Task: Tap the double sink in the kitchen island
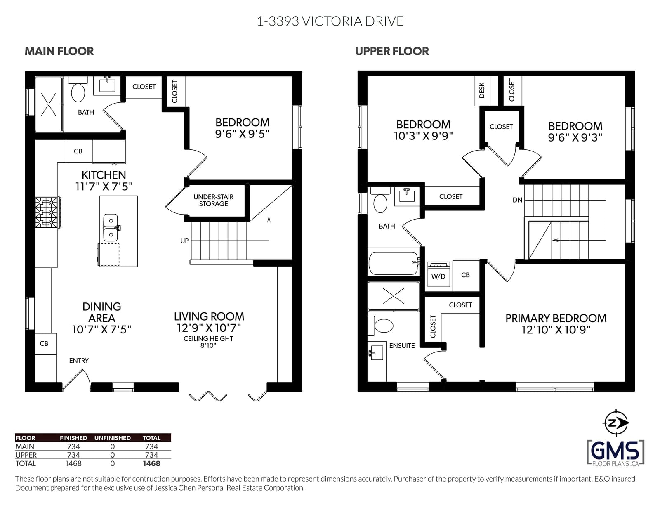point(111,228)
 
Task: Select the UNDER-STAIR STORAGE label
point(214,201)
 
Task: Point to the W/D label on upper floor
point(438,276)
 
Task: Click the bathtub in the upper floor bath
point(394,263)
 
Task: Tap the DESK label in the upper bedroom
point(482,90)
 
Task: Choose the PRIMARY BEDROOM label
point(556,318)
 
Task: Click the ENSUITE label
point(402,346)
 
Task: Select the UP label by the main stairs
point(184,241)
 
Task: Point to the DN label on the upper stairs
point(518,200)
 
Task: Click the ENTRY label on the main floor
point(79,361)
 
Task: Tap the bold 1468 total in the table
point(151,463)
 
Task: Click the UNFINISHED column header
point(112,438)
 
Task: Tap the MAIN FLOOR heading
point(59,51)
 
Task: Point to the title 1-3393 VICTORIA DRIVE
point(330,21)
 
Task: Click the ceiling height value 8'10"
point(208,345)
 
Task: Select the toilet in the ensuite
point(381,326)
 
